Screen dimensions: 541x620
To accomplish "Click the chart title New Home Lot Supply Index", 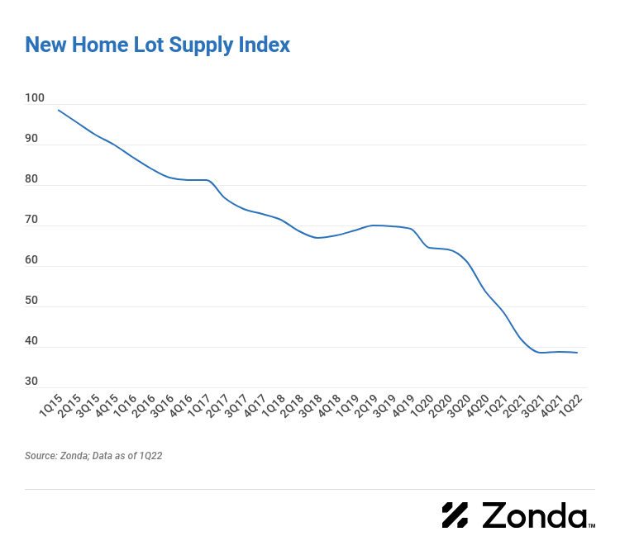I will [157, 45].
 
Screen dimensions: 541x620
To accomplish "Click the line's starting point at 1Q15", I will [59, 110].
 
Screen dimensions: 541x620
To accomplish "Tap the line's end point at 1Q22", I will [577, 353].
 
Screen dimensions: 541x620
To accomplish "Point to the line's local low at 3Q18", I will [317, 238].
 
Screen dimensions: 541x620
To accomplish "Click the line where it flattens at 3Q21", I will [541, 353].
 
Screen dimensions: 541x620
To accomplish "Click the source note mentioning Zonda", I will [93, 455].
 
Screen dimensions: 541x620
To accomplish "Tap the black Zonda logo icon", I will [455, 515].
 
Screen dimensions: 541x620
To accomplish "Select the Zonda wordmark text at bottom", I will [532, 515].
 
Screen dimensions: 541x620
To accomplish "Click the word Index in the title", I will [266, 45].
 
